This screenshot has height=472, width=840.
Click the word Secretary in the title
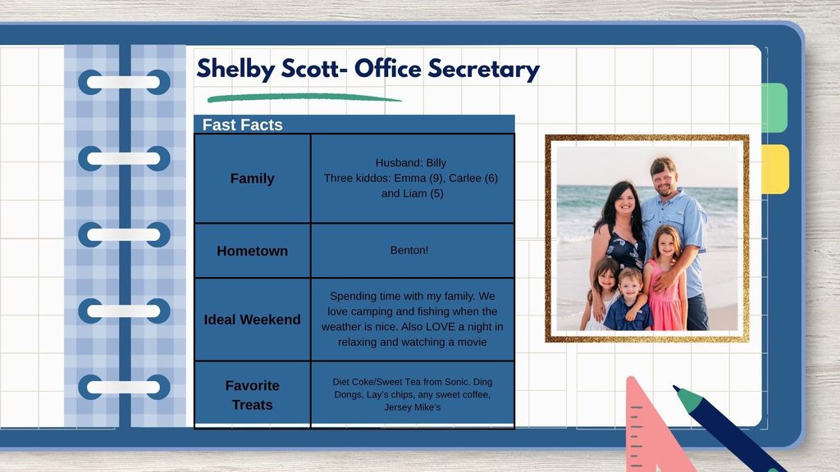(483, 70)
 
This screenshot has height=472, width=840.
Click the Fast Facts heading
(242, 125)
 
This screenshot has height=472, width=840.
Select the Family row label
(253, 178)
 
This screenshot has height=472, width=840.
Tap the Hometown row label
(253, 251)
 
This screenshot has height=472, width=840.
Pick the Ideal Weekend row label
(253, 320)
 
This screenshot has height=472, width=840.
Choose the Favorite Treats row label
(253, 395)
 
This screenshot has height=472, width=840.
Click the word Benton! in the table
(409, 250)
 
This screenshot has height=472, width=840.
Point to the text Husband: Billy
(411, 163)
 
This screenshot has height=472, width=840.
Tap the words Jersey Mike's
(413, 407)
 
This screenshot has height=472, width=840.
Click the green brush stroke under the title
(304, 98)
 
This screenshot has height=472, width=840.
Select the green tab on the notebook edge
(774, 107)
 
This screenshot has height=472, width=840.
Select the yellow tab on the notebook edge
(775, 169)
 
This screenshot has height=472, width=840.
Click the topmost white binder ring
(124, 83)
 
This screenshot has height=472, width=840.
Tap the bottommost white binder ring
(124, 387)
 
